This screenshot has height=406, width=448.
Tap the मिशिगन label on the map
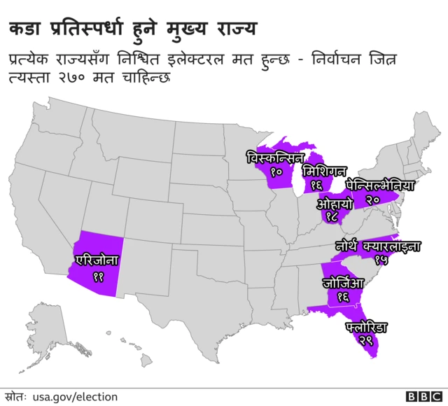pos(323,171)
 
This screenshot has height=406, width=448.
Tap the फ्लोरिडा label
pos(366,327)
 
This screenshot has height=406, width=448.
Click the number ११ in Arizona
pos(98,276)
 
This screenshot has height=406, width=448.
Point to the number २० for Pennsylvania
pos(372,200)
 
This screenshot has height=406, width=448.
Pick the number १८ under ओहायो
pos(332,218)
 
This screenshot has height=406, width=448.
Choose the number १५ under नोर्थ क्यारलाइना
pos(381,260)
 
